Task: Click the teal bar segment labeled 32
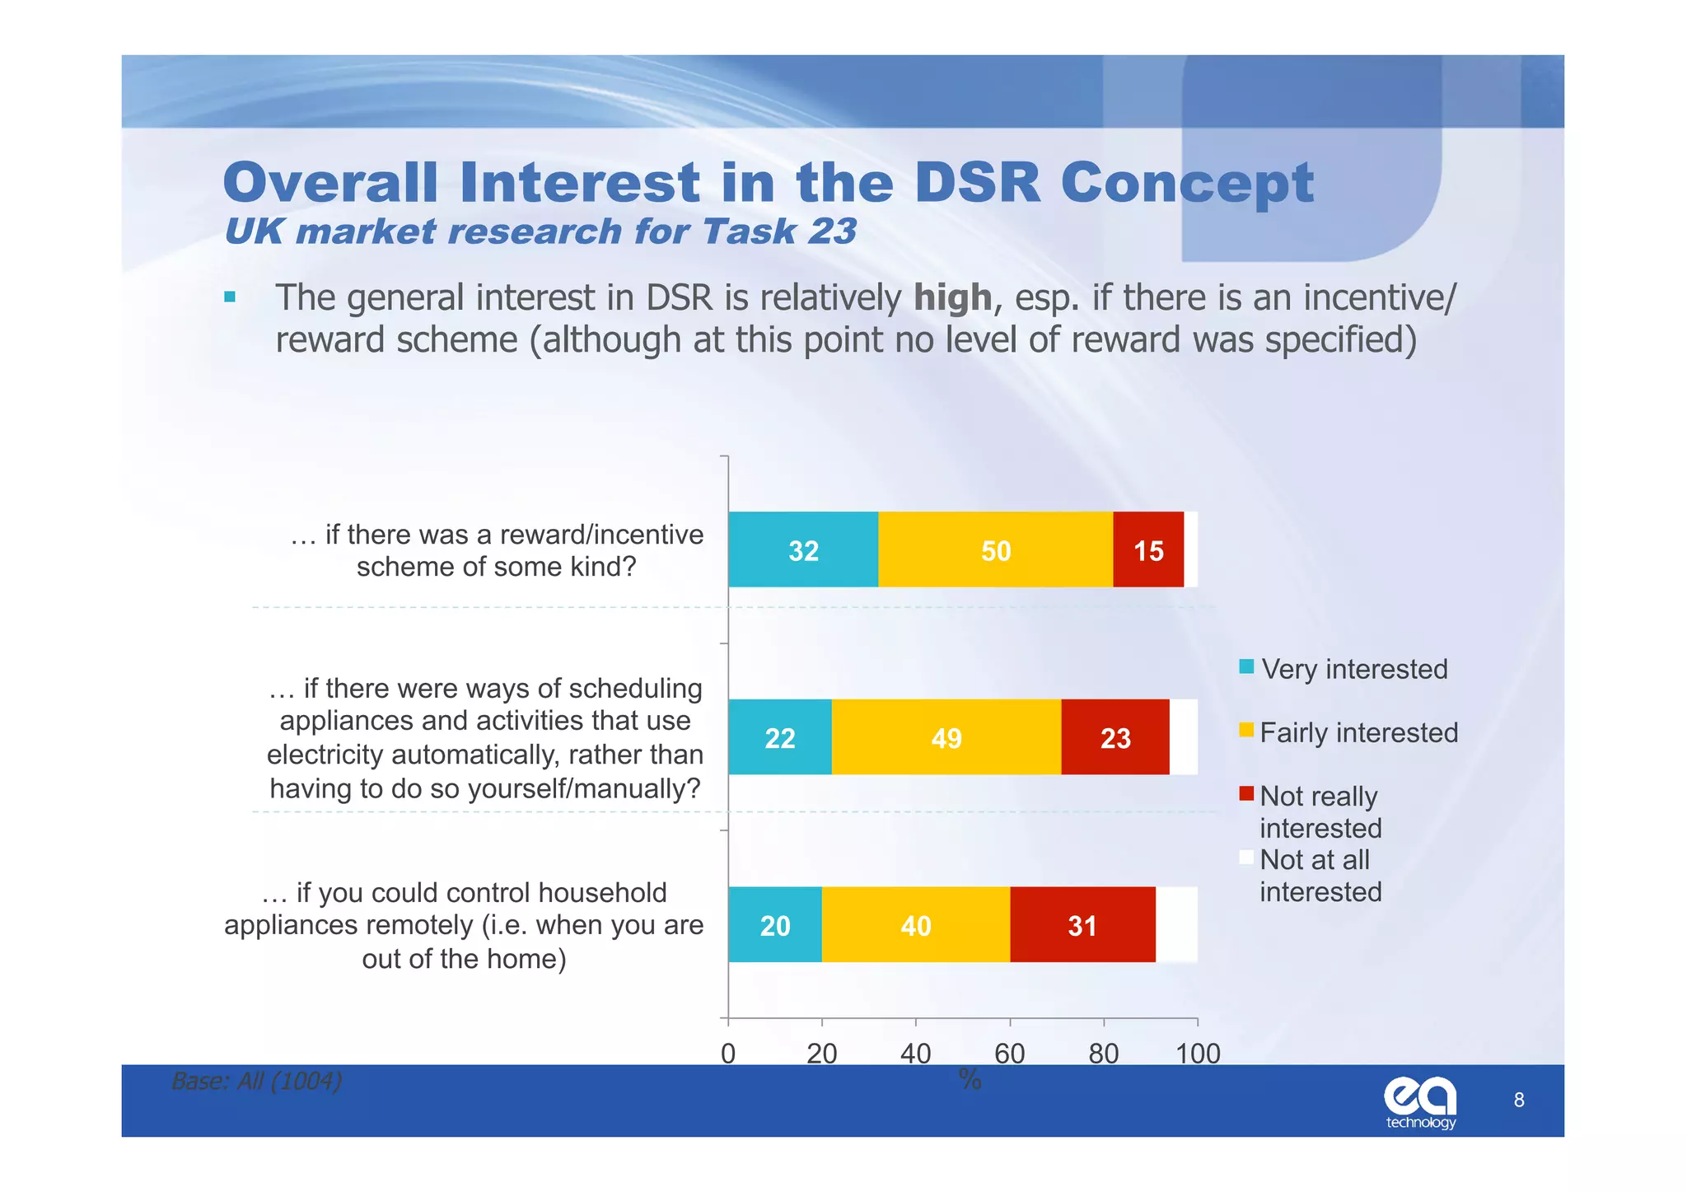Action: coord(803,549)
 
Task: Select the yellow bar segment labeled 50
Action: coord(995,549)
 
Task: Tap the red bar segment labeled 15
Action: coord(1148,549)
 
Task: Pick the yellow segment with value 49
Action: coord(946,736)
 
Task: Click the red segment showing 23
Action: coord(1115,736)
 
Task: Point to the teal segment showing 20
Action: coord(774,924)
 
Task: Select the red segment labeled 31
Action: coord(1082,924)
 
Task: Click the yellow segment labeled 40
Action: coord(915,924)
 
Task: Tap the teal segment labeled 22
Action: coord(779,736)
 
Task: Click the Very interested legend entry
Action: coord(1353,668)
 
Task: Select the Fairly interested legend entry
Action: coord(1358,732)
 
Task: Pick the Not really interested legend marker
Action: coord(1246,794)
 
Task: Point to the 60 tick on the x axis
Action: coord(1010,1053)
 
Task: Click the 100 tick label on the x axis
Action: coord(1198,1053)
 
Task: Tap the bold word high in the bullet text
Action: coord(952,297)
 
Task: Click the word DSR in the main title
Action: coord(977,182)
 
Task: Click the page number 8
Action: coord(1519,1100)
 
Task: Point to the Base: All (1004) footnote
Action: coord(256,1080)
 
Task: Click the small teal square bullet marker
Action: coord(230,297)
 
